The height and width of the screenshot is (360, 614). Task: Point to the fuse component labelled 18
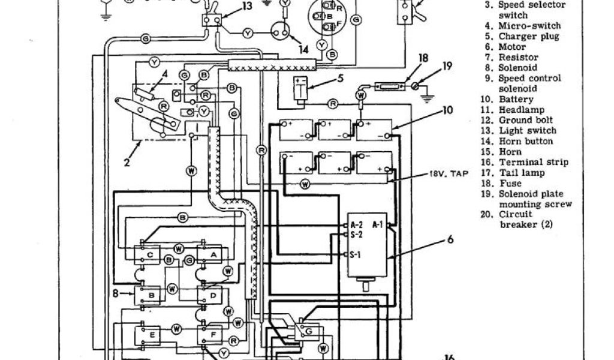(x=384, y=86)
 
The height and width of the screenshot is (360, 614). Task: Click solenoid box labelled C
(x=149, y=254)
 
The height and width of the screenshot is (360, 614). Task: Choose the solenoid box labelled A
(x=212, y=254)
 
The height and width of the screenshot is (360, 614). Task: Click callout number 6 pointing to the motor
(x=449, y=243)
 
